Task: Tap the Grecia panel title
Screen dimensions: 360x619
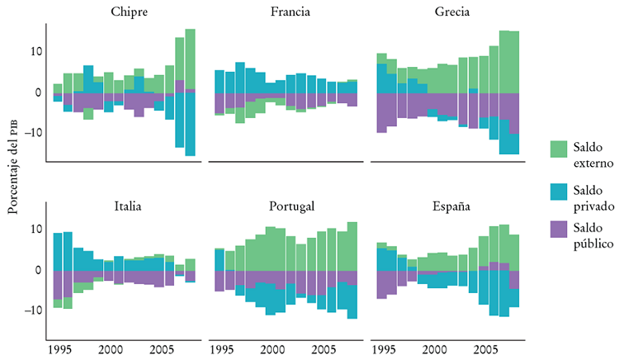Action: click(x=448, y=12)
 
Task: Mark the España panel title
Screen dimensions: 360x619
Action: click(x=448, y=206)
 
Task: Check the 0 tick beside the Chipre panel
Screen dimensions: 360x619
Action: click(x=37, y=92)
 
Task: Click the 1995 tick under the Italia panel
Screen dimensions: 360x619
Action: click(x=59, y=349)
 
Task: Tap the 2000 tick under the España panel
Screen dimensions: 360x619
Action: click(x=435, y=349)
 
